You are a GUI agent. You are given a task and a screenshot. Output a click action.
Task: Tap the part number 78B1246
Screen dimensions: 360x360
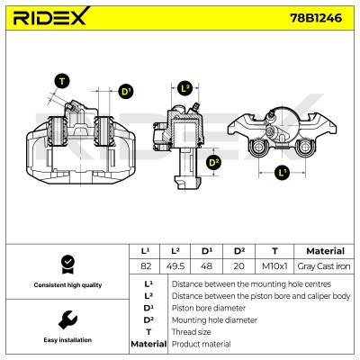[x=316, y=18]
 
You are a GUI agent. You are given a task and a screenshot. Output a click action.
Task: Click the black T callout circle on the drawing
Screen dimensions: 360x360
[x=62, y=82]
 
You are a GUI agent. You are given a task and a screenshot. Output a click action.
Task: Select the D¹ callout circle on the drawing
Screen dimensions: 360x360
[x=125, y=91]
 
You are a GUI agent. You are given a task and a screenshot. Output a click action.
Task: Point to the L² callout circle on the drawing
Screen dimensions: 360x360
[x=185, y=88]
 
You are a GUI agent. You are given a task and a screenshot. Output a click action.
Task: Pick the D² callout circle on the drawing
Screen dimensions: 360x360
[x=213, y=163]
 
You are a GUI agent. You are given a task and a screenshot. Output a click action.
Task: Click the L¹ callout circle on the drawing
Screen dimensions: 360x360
[x=282, y=173]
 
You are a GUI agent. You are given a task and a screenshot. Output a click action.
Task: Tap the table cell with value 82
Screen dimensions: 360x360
[x=146, y=266]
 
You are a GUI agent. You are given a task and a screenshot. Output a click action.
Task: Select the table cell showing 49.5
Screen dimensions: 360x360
[x=175, y=266]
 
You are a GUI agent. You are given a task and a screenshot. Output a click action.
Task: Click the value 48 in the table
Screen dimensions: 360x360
[x=206, y=266]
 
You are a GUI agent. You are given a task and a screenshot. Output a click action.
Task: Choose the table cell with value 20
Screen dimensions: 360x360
[x=238, y=266]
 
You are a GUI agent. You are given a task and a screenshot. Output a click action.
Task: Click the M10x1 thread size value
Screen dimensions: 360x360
[x=274, y=266]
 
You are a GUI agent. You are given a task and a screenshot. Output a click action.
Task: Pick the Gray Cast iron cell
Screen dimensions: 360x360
[x=324, y=266]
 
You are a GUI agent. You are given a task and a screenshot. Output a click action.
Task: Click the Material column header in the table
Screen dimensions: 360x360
[x=325, y=251]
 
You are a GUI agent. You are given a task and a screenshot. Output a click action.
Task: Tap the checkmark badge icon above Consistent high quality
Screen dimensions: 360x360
[x=67, y=265]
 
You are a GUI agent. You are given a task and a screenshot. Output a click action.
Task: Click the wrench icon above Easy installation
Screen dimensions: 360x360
[x=67, y=319]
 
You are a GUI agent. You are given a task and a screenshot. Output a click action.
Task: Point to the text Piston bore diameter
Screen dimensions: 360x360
[x=209, y=308]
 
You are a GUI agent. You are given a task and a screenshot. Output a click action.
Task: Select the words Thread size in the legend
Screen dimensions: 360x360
[x=191, y=332]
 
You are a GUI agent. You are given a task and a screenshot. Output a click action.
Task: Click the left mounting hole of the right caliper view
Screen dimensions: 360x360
[x=257, y=148]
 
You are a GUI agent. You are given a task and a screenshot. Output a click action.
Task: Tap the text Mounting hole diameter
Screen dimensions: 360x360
[x=214, y=320]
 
